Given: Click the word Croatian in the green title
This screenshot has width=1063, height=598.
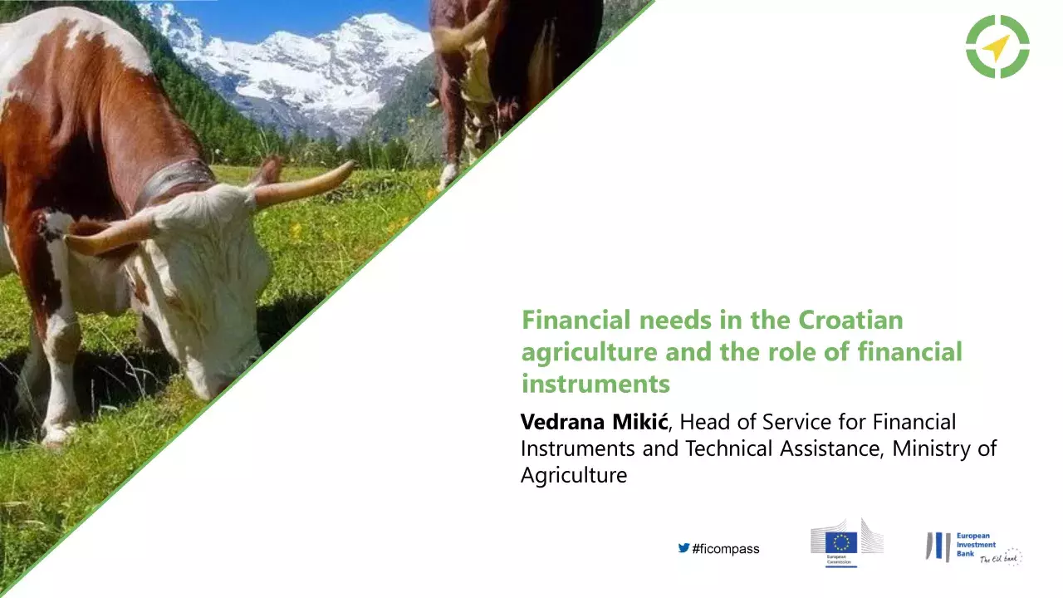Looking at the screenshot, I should click(x=850, y=320).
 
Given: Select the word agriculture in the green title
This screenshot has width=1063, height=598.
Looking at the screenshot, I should click(x=590, y=353).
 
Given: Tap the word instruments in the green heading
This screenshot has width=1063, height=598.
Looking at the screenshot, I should click(x=595, y=385).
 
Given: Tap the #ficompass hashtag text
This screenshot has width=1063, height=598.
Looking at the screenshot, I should click(x=725, y=549).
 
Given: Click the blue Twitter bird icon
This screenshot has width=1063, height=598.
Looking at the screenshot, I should click(x=683, y=548).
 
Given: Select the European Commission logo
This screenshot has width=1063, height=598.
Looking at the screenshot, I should click(x=846, y=543).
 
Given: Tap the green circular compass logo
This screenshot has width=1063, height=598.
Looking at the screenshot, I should click(x=997, y=47).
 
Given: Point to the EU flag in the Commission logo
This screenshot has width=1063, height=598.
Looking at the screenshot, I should click(x=841, y=542).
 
